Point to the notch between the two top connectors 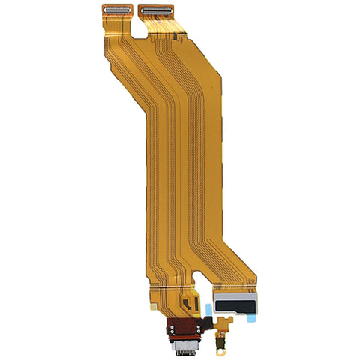point(134,16)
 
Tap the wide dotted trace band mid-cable point(180,172)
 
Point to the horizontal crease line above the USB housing point(172,288)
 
